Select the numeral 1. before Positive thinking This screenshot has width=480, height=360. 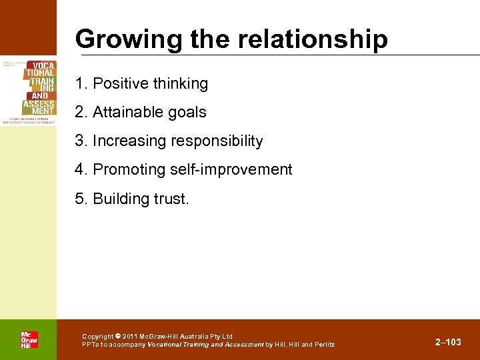[81, 84]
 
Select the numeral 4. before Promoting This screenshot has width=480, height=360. [81, 170]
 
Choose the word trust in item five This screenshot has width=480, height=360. [170, 199]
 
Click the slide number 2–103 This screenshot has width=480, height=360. [448, 342]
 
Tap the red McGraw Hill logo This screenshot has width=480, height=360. [29, 339]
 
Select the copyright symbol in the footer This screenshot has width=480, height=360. [117, 337]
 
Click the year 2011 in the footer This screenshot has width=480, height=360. [130, 337]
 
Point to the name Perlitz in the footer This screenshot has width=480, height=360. [324, 345]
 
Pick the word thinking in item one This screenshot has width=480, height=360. [181, 84]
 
